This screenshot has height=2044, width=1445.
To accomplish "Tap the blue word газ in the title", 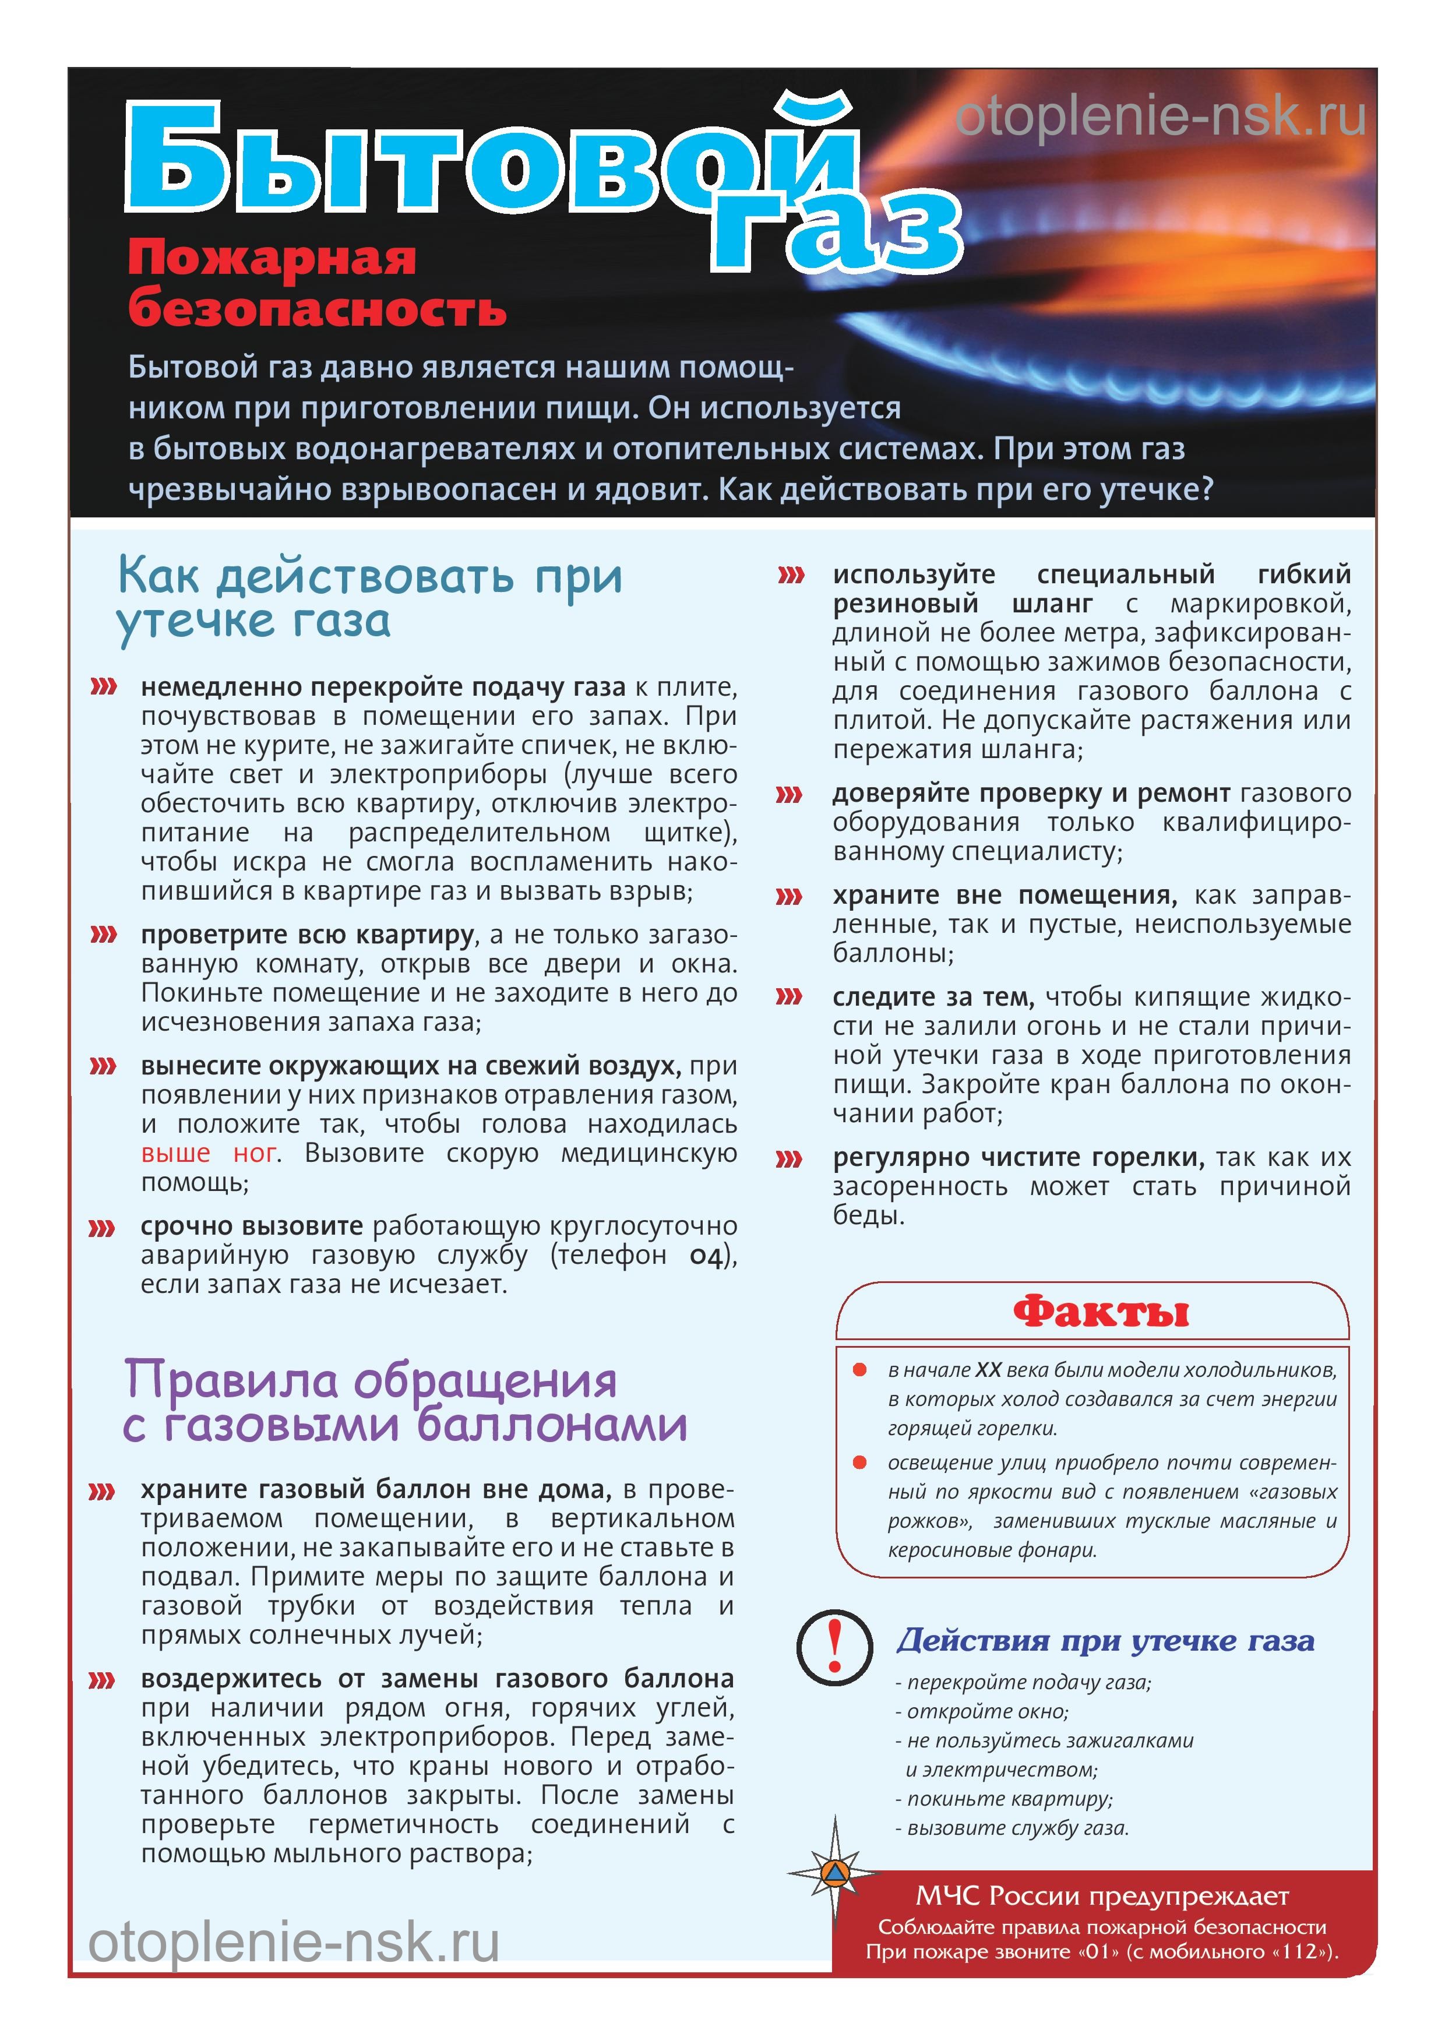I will pos(837,233).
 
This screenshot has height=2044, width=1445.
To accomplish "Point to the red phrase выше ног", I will pos(209,1153).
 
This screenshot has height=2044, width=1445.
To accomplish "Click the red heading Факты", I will pos(1101,1312).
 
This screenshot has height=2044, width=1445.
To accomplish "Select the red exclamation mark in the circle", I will pos(834,1646).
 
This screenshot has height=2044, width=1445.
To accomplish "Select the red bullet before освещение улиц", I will pos(860,1462).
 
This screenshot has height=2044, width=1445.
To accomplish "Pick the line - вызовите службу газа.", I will pos(1012,1828).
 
